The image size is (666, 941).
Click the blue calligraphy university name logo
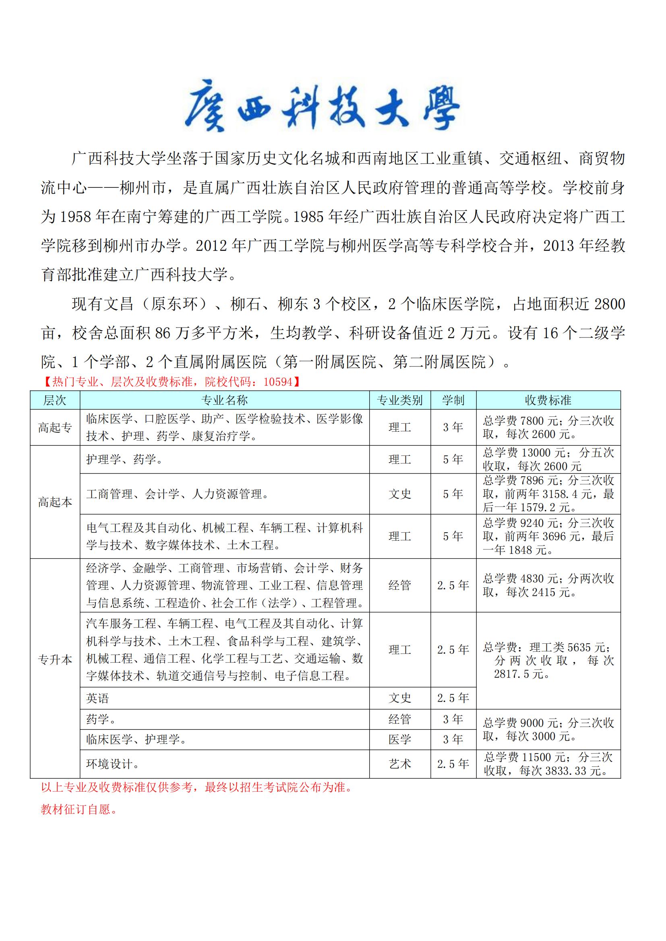323,107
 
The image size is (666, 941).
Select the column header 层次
54,400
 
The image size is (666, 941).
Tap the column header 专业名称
224,400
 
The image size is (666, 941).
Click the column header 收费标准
548,400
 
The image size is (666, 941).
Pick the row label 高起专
54,428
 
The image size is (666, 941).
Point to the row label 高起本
54,502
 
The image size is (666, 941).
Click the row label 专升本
54,659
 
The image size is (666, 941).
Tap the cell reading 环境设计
113,764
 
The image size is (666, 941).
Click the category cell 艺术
399,764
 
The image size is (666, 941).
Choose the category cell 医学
399,739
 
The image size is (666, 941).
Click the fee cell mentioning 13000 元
548,459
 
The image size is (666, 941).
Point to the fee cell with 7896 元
548,494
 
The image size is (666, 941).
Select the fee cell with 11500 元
548,764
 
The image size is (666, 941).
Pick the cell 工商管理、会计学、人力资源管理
177,494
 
